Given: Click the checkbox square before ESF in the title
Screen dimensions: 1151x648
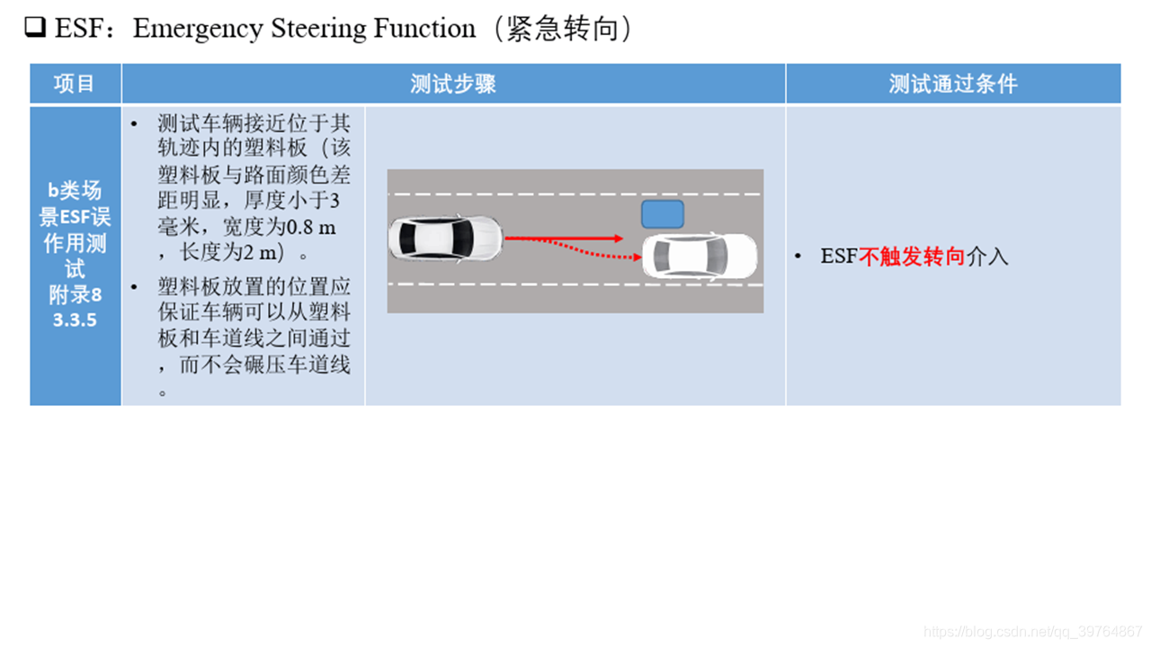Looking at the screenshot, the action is [x=35, y=29].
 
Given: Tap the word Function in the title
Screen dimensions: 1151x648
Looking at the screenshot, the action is [x=424, y=29].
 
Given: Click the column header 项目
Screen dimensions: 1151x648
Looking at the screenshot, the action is [x=75, y=84].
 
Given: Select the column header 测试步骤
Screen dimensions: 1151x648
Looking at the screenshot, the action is [x=453, y=84].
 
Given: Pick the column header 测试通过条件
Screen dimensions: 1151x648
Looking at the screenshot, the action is [x=952, y=84].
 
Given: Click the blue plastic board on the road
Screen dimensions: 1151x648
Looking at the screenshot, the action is [x=662, y=214].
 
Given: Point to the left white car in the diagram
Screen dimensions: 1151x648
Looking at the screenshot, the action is [x=444, y=238].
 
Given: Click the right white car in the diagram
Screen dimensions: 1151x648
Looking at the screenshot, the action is [x=700, y=257].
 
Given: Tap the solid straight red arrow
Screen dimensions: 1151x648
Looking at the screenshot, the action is [x=563, y=238].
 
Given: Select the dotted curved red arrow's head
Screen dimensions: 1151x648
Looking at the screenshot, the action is [x=636, y=258].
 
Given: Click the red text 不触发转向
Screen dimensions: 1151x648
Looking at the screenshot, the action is [x=912, y=256].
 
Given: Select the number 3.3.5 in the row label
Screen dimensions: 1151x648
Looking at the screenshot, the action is [x=75, y=319].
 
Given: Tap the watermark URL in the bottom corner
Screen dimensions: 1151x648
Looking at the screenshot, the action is [x=1033, y=632].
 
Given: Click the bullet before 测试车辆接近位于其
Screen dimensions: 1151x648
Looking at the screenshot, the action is [x=135, y=123].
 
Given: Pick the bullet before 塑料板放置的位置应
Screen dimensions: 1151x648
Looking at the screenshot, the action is [x=135, y=287].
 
